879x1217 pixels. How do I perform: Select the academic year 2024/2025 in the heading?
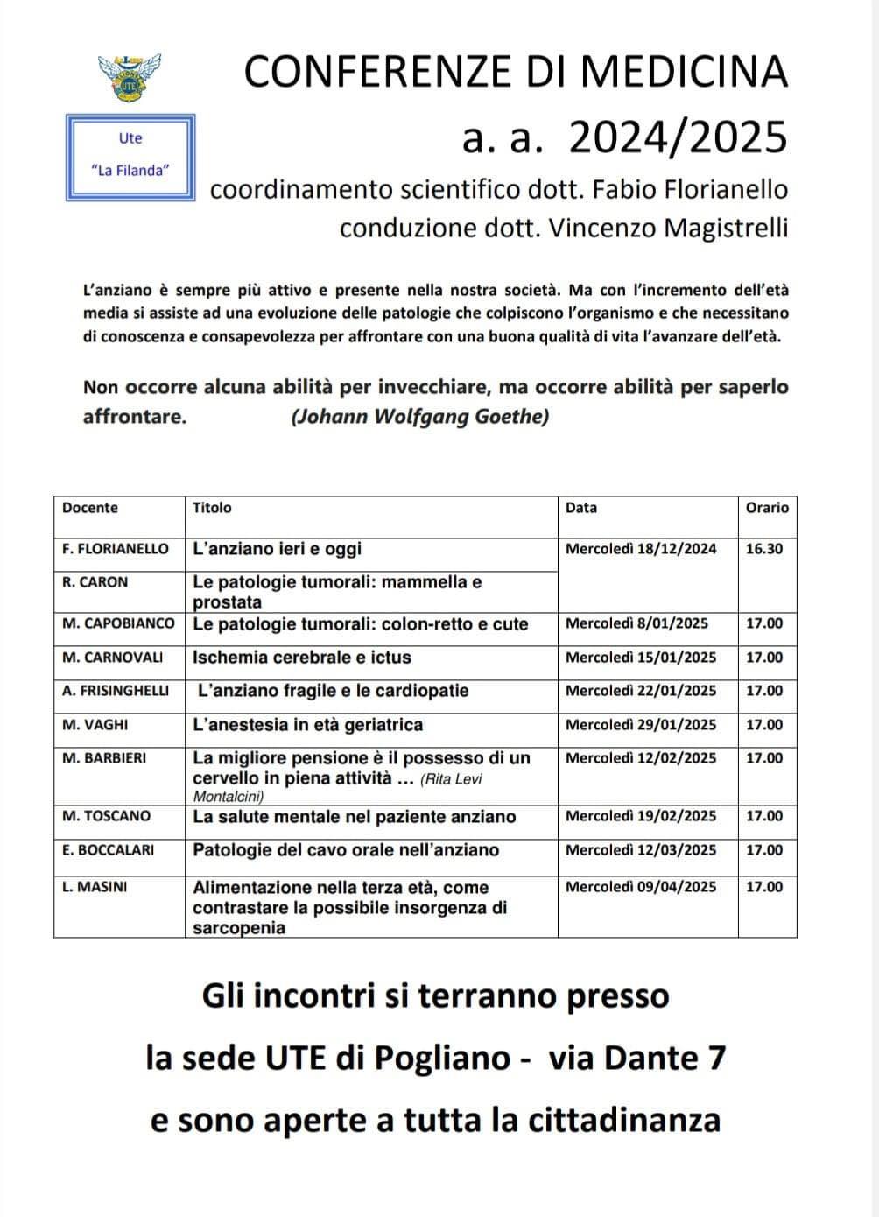(x=678, y=137)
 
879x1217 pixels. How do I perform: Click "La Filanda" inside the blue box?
(x=130, y=171)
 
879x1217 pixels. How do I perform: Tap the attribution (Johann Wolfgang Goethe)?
(x=419, y=417)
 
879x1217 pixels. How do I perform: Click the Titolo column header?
(x=213, y=508)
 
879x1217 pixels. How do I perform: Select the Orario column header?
(x=766, y=508)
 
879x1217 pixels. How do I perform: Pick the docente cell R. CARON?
(x=95, y=582)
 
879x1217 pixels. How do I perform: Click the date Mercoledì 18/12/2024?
(x=641, y=550)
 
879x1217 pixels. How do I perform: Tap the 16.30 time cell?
(x=764, y=550)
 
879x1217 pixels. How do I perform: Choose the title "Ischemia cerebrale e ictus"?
(x=302, y=658)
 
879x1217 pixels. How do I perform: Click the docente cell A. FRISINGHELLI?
(x=116, y=691)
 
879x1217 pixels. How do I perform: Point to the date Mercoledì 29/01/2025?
(x=641, y=725)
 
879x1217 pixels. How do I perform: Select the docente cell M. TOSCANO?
(x=107, y=816)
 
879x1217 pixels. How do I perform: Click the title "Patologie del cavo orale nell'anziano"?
(x=346, y=850)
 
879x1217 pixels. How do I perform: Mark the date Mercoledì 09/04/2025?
(x=641, y=887)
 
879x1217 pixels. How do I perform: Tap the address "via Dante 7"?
(x=636, y=1059)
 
